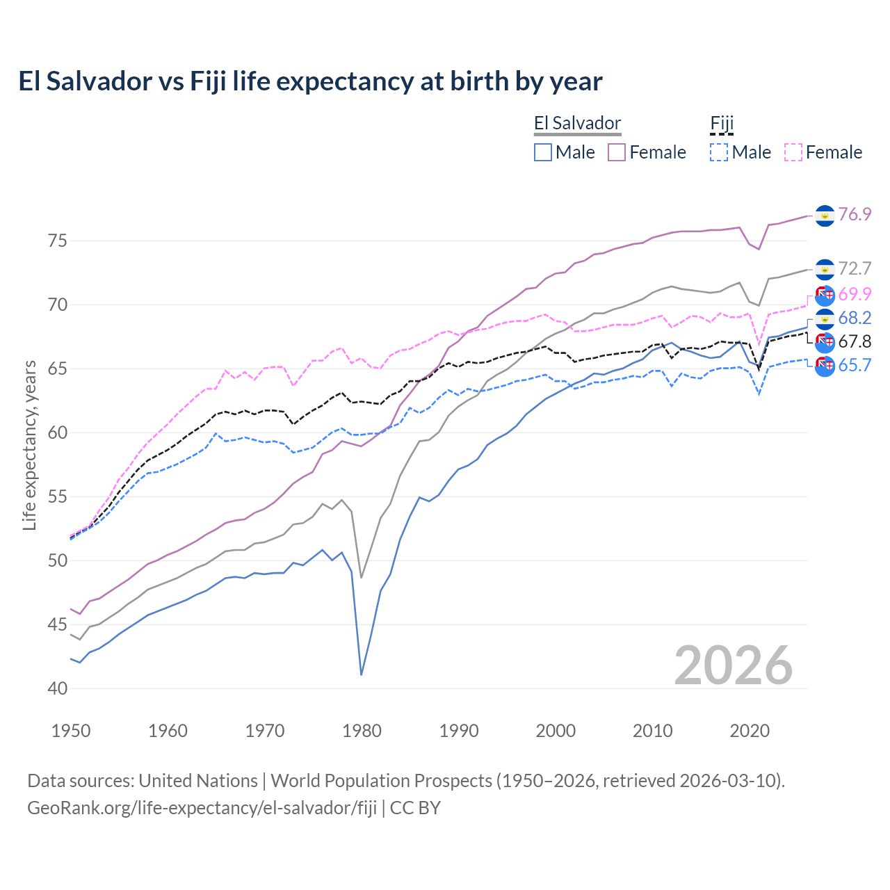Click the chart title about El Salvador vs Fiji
(310, 81)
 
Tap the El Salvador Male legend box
(543, 152)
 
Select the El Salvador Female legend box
(617, 152)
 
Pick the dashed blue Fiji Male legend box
(719, 152)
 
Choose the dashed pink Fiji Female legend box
(793, 152)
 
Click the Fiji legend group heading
(722, 124)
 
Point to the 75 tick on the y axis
(58, 241)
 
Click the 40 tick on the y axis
(58, 688)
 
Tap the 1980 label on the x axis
(362, 731)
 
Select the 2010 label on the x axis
(652, 731)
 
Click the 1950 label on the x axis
(71, 731)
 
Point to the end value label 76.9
(855, 214)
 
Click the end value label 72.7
(855, 268)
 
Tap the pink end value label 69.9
(855, 294)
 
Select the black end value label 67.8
(855, 341)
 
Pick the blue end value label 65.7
(855, 365)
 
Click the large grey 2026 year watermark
(733, 665)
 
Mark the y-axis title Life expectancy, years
(29, 445)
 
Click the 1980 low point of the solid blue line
(362, 674)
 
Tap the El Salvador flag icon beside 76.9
(825, 216)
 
